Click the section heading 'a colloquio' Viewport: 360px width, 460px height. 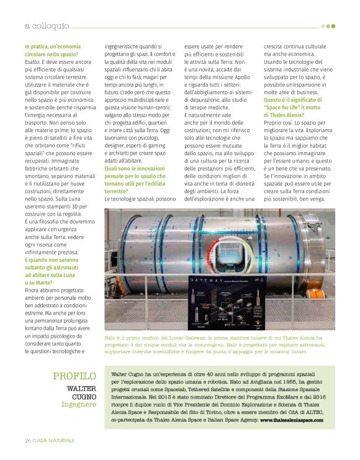pos(47,26)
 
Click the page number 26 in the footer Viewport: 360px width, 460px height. pos(28,440)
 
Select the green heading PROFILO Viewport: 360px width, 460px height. pos(74,376)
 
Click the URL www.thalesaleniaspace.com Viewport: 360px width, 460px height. pos(292,420)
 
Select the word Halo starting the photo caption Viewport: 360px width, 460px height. pos(111,338)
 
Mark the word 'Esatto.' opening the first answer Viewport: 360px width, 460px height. pos(34,63)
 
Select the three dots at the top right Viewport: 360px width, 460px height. pos(328,26)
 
